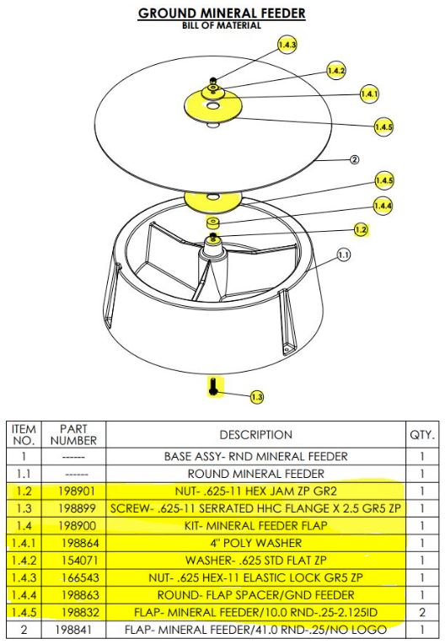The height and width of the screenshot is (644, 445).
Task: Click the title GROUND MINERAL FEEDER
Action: tap(222, 13)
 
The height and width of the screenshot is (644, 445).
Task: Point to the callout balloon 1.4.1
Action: tap(369, 94)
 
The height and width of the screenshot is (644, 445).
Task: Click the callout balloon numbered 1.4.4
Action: tap(383, 205)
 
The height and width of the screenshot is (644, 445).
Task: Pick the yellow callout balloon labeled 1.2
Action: tap(361, 229)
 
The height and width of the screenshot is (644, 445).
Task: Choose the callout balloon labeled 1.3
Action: tap(256, 395)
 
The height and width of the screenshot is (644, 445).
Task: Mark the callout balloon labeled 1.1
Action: tap(342, 254)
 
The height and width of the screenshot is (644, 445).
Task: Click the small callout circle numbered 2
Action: tap(354, 159)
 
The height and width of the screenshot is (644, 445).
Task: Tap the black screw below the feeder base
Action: tap(214, 387)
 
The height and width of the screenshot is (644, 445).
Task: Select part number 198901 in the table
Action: tap(74, 488)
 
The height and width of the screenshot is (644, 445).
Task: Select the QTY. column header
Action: tap(421, 435)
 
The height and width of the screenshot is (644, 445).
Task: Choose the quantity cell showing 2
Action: tap(421, 611)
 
